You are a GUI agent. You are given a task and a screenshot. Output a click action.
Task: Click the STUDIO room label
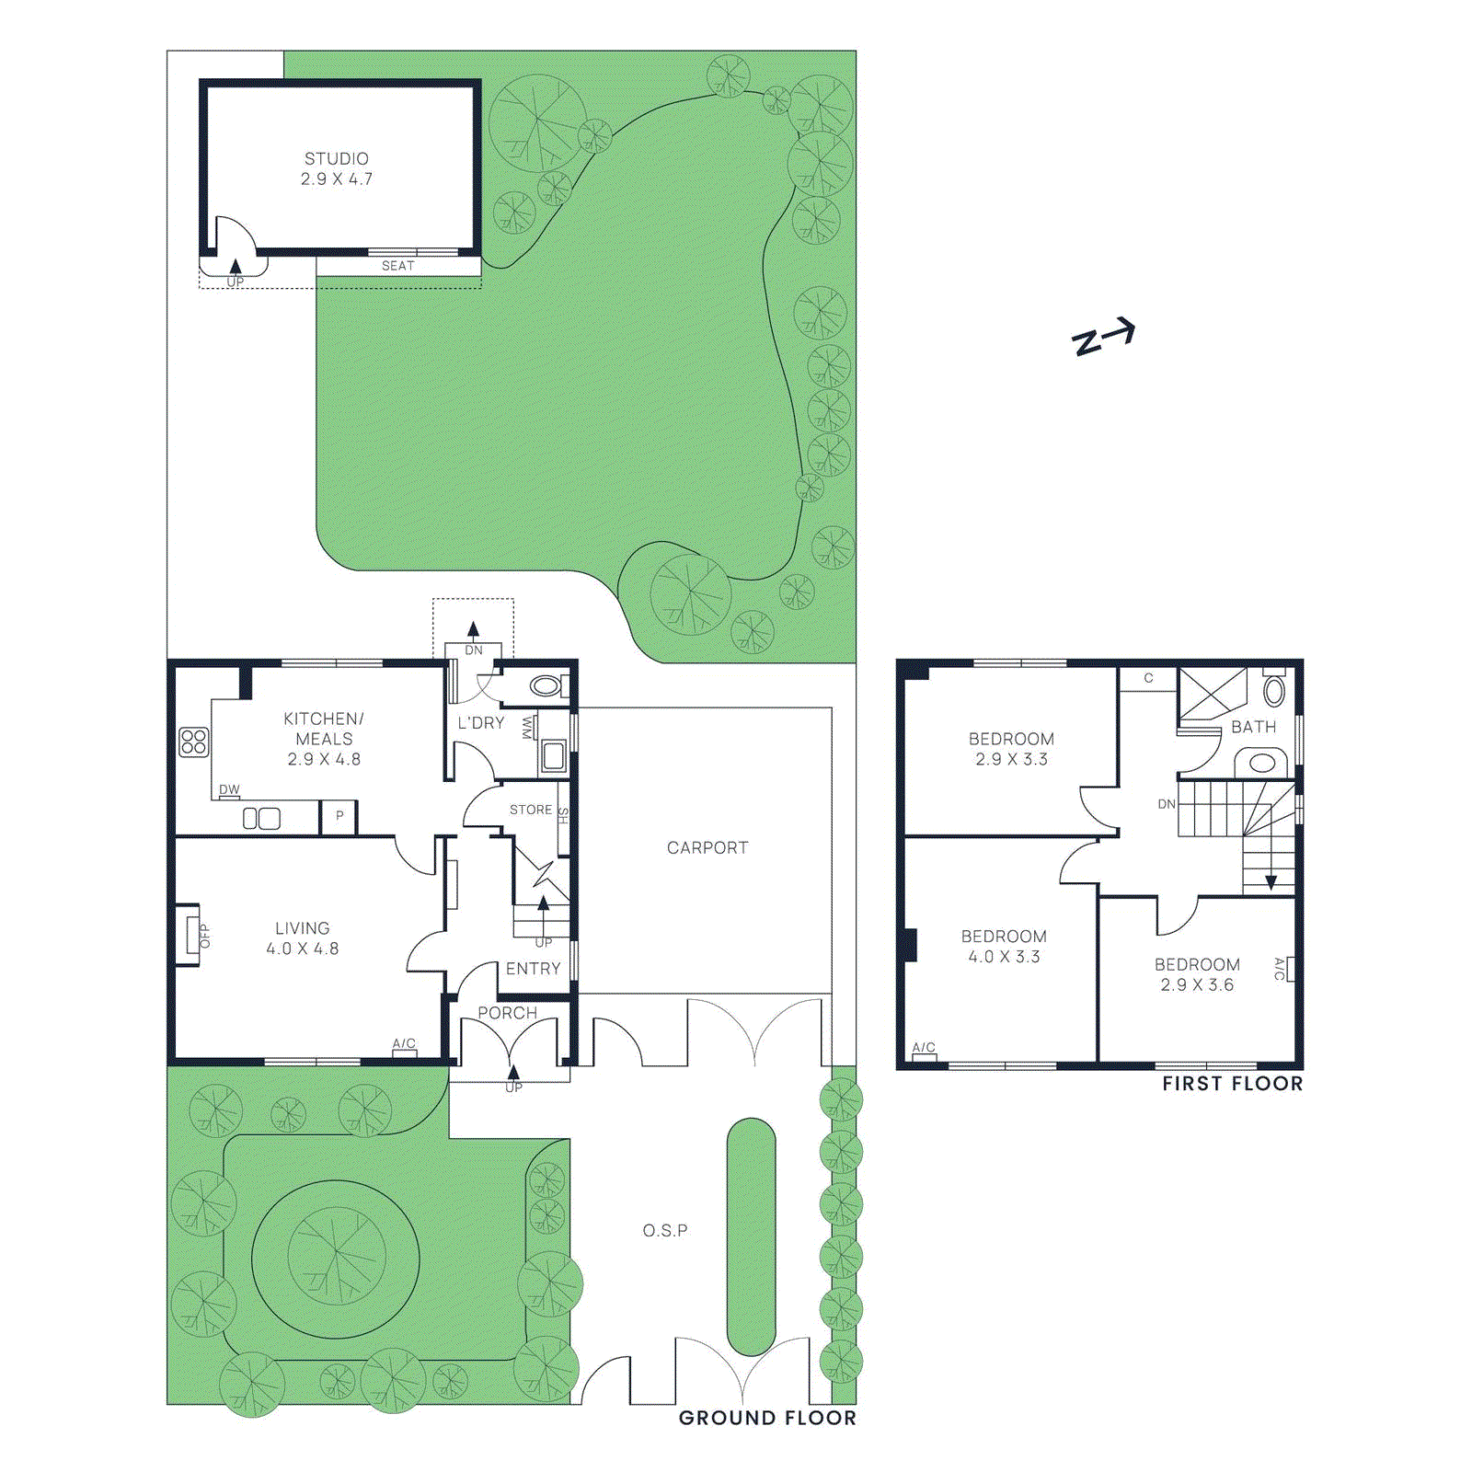337,159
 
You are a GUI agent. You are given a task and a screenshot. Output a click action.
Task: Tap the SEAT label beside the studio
397,266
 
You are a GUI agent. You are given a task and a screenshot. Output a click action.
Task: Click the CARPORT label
707,847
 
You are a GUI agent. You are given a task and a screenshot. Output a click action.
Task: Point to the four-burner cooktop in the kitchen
193,742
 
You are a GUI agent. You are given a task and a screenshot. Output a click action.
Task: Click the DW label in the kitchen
229,789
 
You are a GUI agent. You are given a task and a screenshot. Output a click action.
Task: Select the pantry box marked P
339,816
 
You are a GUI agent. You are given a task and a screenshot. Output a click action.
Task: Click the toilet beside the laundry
546,685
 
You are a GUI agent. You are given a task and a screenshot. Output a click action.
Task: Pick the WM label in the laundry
527,728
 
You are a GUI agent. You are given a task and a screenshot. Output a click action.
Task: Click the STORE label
531,810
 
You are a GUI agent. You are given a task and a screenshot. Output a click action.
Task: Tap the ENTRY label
533,969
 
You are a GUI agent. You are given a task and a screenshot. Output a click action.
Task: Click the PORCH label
507,1013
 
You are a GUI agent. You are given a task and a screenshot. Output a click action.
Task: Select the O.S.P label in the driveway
664,1230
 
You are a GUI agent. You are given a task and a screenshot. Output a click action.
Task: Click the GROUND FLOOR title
766,1418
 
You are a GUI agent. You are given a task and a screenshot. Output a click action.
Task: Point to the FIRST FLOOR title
1232,1084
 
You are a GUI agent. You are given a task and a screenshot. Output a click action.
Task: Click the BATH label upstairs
1253,727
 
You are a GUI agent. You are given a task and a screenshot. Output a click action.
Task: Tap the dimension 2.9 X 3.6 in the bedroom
1196,984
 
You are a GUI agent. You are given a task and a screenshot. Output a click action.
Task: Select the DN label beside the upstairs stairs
1166,804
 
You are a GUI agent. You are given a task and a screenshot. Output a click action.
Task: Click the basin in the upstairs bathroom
1262,763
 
